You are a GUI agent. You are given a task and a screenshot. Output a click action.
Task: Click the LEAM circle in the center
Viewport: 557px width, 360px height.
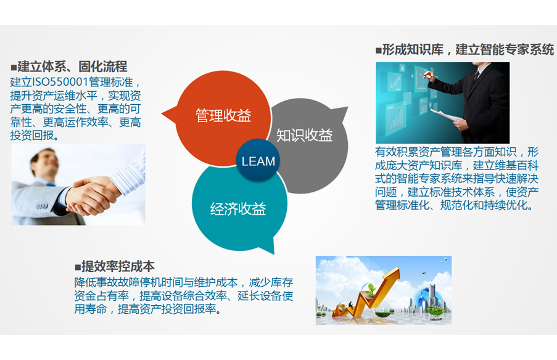click(258, 162)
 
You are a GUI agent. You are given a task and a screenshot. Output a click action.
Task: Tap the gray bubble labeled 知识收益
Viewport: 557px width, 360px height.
click(305, 136)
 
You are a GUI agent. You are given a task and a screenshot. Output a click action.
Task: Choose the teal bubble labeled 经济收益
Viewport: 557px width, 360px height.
click(238, 208)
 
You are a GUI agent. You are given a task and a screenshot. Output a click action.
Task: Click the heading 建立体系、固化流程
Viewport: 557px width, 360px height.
click(72, 67)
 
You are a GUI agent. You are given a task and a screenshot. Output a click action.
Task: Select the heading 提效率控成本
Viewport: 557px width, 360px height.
click(118, 266)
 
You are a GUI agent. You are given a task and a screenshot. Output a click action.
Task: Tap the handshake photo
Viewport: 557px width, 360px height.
click(78, 184)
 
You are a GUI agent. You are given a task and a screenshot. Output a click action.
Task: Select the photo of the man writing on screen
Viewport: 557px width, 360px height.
click(442, 102)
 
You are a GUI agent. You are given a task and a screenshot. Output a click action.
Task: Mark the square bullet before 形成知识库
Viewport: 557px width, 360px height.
click(378, 51)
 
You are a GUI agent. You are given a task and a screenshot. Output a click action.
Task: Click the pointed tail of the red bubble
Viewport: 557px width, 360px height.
click(165, 113)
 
